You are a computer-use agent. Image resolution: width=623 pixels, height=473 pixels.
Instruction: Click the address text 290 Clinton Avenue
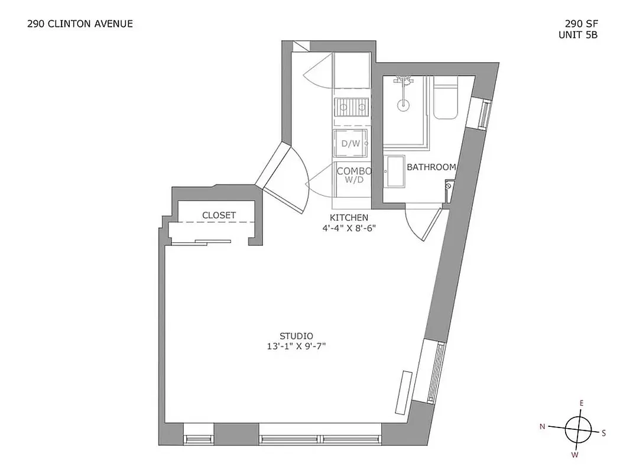pos(80,24)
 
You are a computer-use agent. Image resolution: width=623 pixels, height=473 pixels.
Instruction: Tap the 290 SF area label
pos(579,24)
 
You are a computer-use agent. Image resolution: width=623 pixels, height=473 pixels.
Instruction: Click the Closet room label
pos(219,215)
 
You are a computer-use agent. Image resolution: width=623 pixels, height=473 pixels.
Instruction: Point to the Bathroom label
pos(431,167)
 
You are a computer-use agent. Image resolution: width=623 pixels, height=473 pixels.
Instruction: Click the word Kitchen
pos(349,218)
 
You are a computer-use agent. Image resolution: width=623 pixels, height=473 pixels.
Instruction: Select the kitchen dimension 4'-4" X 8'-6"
pos(349,228)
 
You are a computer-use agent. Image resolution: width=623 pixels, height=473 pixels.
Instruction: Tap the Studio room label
pos(296,335)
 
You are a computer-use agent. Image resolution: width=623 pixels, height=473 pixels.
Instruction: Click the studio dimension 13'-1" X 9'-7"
pos(296,346)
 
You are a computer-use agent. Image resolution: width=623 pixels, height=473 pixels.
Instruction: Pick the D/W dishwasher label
pos(351,143)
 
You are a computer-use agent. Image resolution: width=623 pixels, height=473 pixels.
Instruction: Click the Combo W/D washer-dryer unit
pos(353,176)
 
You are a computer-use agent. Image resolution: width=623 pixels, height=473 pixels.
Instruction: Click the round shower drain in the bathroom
pos(403,105)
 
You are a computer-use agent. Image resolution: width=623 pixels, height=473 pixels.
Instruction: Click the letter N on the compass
pos(542,426)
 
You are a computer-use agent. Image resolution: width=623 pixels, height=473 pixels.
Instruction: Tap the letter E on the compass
pos(582,403)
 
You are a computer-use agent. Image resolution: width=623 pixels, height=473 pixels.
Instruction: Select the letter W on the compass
pos(574,455)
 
